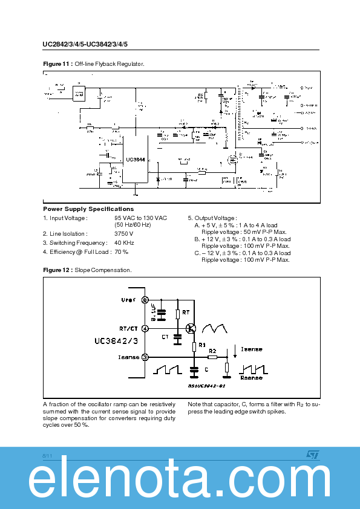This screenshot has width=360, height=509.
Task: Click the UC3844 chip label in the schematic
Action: click(134, 159)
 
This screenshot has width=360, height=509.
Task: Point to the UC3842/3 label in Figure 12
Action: click(115, 342)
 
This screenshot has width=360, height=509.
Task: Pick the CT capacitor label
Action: click(165, 336)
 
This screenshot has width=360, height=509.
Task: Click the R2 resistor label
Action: click(213, 351)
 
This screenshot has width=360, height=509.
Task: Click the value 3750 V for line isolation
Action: click(123, 233)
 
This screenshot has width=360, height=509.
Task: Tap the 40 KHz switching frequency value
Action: click(125, 242)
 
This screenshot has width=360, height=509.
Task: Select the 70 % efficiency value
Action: click(121, 251)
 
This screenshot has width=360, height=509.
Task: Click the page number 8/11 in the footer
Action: click(48, 453)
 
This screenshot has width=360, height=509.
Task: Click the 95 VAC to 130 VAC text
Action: click(140, 218)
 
